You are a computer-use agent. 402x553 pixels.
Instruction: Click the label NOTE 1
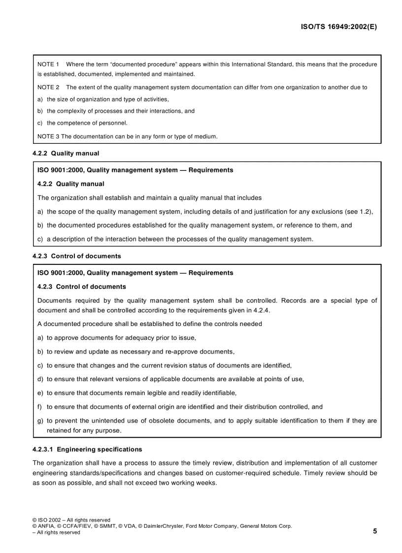48,65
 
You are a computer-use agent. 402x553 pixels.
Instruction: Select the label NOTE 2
48,88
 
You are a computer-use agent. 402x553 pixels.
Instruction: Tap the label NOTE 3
48,136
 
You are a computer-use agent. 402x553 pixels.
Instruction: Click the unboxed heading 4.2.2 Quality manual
66,153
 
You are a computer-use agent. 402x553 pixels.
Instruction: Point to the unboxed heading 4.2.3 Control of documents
76,256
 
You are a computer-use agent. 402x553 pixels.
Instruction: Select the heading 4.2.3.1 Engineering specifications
87,449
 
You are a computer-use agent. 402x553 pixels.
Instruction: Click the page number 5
375,531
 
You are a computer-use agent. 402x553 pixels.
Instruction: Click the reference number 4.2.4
261,310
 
